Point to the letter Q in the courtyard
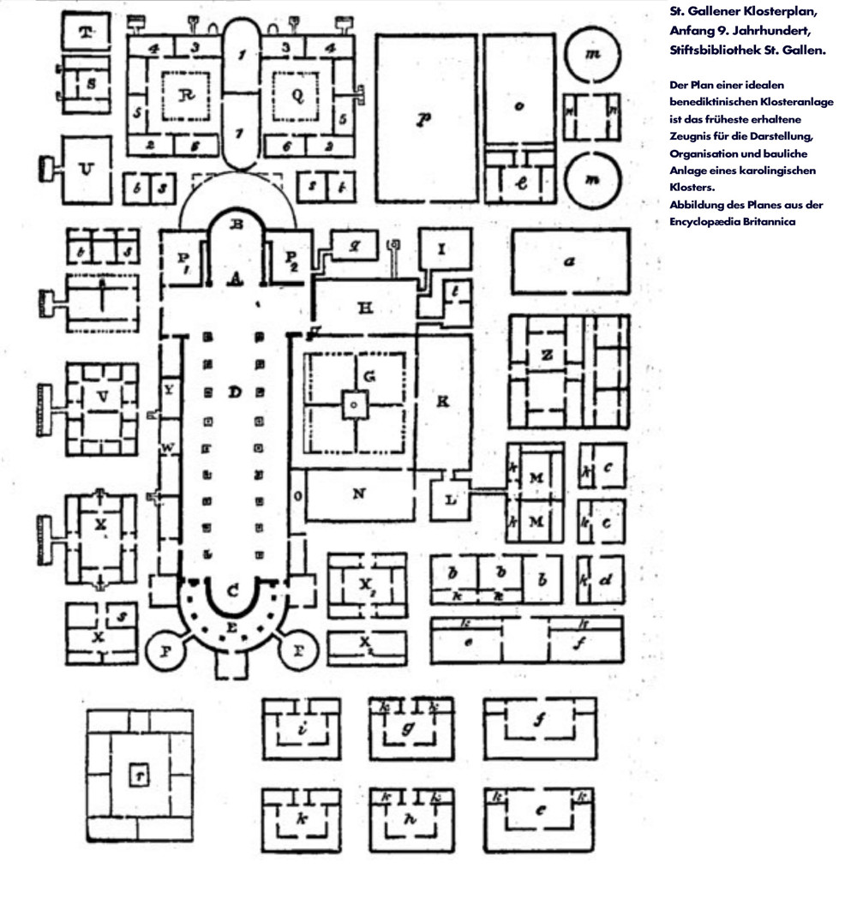click(x=297, y=96)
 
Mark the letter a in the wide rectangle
click(x=568, y=262)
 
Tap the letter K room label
click(x=442, y=402)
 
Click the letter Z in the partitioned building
click(x=545, y=354)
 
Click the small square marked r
click(x=137, y=775)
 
